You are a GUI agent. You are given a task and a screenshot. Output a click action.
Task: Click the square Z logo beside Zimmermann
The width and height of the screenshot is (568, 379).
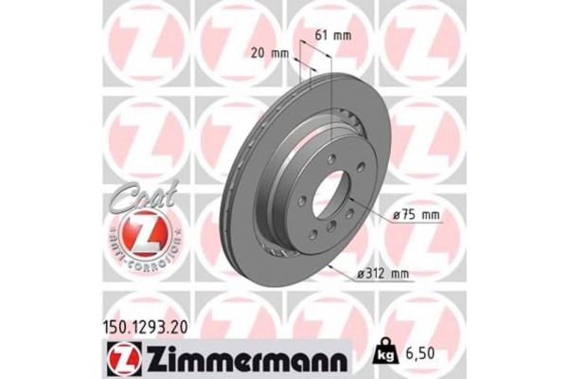click(125, 359)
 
